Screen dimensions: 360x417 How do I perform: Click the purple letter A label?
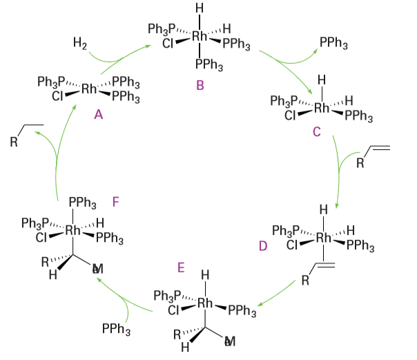[99, 115]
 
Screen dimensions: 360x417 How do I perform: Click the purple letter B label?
[200, 86]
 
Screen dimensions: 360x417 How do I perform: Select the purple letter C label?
[316, 131]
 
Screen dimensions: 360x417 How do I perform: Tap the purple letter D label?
[263, 245]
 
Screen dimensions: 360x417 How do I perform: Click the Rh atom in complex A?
[89, 89]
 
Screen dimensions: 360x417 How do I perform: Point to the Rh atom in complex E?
[205, 303]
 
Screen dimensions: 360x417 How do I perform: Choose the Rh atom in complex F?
[72, 231]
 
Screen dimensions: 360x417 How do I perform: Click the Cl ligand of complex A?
[57, 96]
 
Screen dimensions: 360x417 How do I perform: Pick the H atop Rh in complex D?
[322, 209]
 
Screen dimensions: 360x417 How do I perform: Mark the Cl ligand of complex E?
[175, 310]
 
